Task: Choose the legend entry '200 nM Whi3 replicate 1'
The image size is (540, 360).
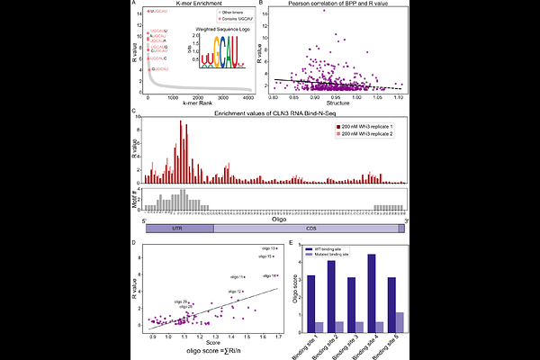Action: point(368,130)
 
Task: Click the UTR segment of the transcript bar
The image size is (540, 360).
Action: point(180,229)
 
